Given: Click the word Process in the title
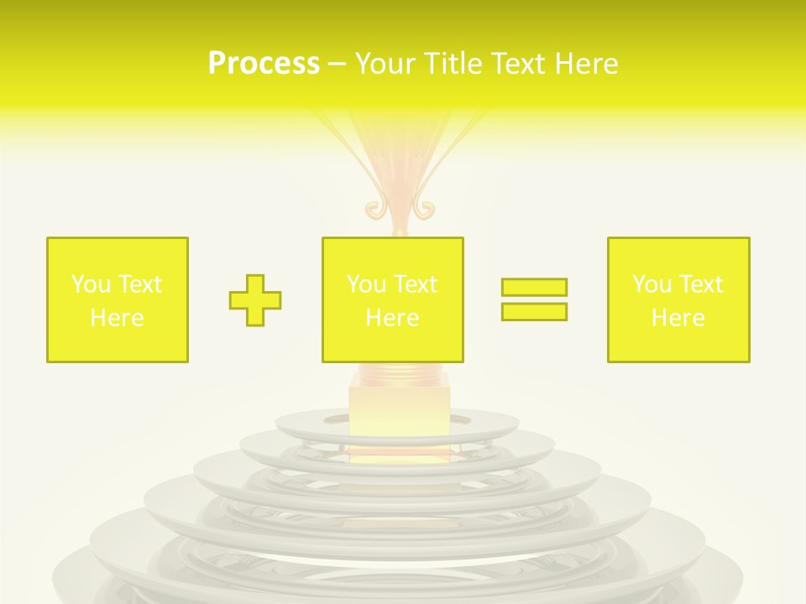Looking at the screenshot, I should [264, 64].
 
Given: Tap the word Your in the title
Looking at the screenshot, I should [382, 64].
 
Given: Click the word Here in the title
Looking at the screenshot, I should [589, 64].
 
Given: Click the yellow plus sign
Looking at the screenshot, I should [255, 300].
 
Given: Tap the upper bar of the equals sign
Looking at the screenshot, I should [534, 287].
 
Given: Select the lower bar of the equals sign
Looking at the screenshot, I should [534, 311].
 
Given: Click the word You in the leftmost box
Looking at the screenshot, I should [91, 284].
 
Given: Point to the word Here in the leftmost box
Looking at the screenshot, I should [117, 318].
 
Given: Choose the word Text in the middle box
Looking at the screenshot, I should [416, 284].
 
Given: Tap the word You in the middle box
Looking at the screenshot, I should [366, 284].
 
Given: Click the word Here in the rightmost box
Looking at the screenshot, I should [678, 318].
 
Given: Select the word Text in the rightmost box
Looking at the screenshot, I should [701, 284].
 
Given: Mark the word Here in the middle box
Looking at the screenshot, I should [392, 318].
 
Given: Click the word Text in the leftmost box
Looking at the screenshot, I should [140, 284].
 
